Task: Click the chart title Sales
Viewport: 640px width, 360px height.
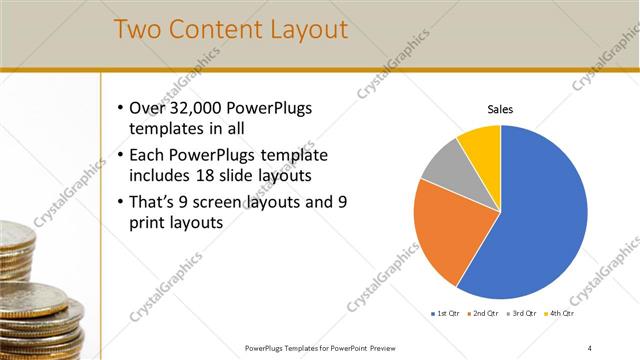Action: (500, 109)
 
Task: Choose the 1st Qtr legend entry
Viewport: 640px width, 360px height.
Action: (444, 314)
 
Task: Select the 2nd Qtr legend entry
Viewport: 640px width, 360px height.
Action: (483, 314)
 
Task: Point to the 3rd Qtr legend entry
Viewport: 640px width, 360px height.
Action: (522, 314)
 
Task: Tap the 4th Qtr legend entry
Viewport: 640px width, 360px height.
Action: (560, 314)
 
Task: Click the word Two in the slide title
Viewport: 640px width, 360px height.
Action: (139, 30)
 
